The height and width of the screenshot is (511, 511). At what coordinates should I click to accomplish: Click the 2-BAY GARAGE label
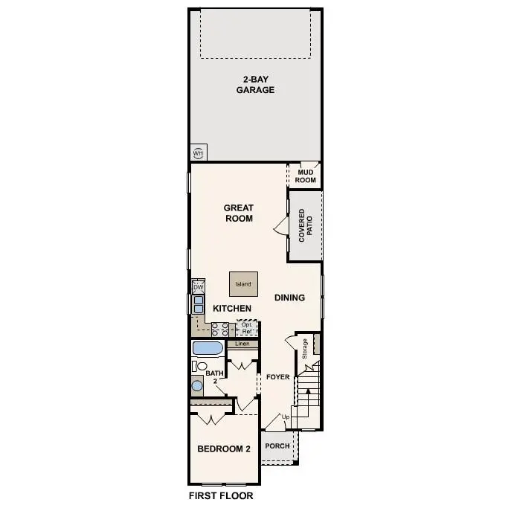click(256, 84)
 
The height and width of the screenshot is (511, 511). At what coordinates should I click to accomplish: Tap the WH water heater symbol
click(198, 153)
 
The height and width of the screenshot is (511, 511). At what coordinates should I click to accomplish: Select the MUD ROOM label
click(306, 176)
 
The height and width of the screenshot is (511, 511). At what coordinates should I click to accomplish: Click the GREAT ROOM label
click(239, 213)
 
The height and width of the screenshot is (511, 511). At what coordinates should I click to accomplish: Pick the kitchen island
click(243, 284)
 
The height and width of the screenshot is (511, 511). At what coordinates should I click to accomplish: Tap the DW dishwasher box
click(198, 287)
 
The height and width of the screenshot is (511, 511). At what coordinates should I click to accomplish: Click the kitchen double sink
click(199, 303)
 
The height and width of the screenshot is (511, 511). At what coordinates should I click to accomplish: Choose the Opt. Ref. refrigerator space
click(247, 327)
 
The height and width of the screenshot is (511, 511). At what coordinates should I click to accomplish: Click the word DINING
click(289, 298)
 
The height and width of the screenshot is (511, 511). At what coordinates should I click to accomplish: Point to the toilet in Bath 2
click(199, 365)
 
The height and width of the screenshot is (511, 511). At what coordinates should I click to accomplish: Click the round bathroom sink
click(197, 385)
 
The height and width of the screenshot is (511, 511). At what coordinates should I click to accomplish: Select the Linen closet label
click(242, 344)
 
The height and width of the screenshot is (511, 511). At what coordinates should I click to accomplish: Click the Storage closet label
click(304, 349)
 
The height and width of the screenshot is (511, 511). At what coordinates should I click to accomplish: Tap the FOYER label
click(278, 377)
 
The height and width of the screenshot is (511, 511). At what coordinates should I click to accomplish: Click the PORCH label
click(277, 446)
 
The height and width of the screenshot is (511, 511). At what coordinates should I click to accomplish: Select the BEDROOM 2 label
click(223, 449)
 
